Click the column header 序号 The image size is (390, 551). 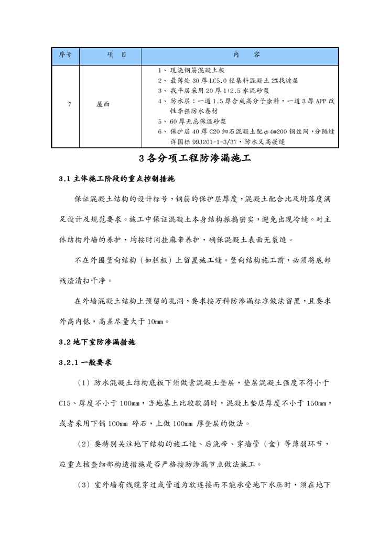tap(65, 55)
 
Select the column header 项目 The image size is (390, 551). tap(110, 55)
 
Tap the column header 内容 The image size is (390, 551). tap(240, 55)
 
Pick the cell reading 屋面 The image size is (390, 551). tap(103, 104)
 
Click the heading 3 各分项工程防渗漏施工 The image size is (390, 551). tap(195, 158)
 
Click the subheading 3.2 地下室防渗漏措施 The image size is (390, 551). tap(97, 341)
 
